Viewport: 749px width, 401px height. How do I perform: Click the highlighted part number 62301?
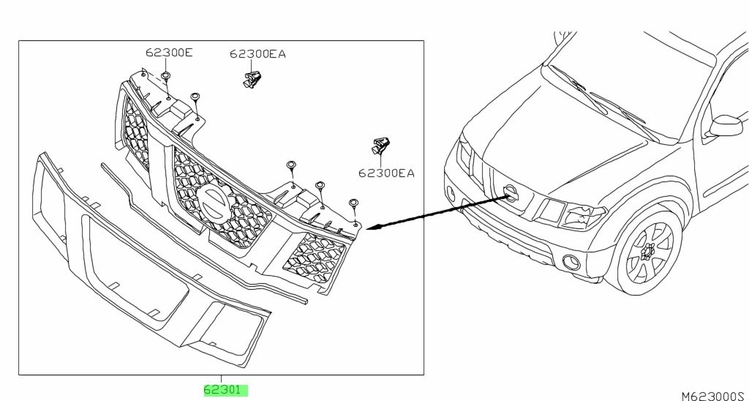coord(225,390)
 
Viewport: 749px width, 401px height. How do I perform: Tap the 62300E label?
coord(168,52)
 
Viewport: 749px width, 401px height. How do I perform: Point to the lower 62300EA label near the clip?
coord(386,173)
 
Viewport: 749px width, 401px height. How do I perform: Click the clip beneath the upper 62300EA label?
coord(253,77)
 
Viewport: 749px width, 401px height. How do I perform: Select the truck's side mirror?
coord(724,125)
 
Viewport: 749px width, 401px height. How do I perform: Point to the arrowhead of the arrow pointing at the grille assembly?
coord(370,228)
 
